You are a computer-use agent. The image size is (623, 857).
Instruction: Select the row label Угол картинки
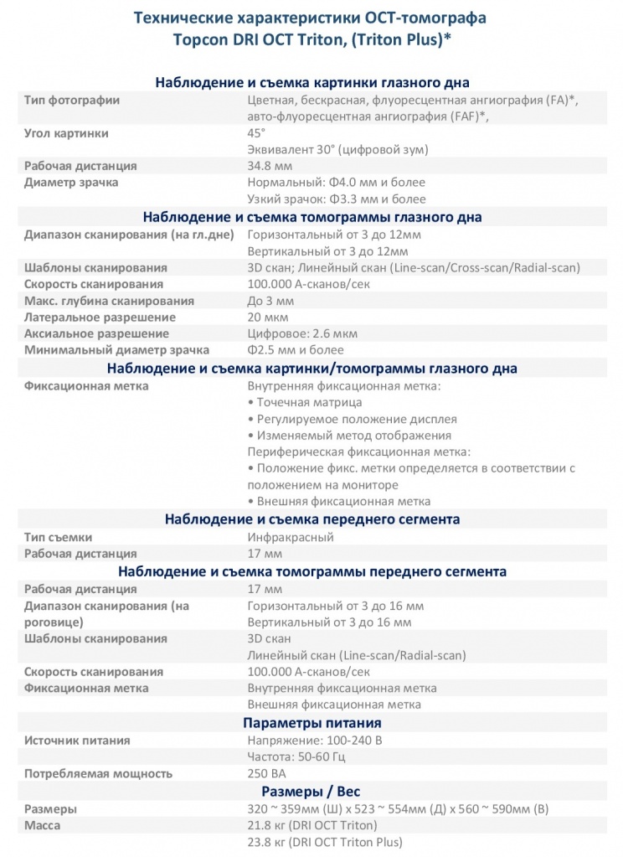[x=66, y=133]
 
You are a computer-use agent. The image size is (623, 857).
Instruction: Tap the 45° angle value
[x=256, y=133]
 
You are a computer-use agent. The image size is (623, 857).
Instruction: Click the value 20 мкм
[x=268, y=317]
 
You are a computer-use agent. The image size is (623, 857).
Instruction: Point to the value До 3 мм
[x=270, y=300]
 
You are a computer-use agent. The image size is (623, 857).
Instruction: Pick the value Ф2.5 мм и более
[x=296, y=350]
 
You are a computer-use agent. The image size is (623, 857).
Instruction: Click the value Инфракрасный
[x=291, y=537]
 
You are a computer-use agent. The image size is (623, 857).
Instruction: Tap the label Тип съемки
[x=58, y=537]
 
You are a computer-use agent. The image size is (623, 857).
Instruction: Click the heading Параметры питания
[x=311, y=723]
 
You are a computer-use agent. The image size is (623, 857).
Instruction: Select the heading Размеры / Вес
[x=311, y=791]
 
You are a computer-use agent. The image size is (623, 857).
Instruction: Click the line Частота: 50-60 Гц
[x=296, y=757]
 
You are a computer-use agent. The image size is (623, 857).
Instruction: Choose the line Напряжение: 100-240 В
[x=314, y=741]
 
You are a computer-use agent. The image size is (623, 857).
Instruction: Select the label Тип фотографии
[x=72, y=101]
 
